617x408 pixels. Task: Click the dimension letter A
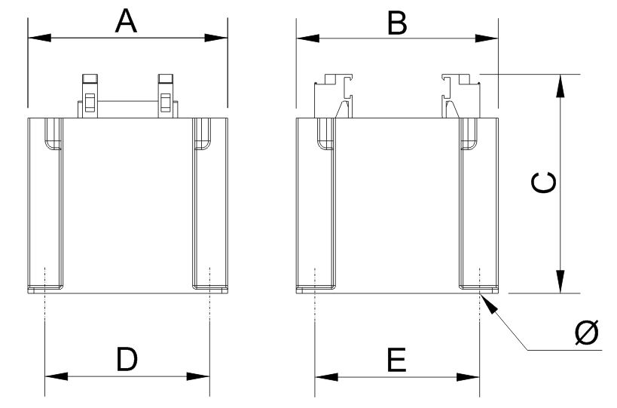[126, 22]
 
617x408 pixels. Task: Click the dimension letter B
[397, 23]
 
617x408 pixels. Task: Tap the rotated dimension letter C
[543, 183]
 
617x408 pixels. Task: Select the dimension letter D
[127, 359]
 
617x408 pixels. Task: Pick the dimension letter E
[396, 360]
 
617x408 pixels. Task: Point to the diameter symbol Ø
[587, 332]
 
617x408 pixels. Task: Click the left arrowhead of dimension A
[39, 38]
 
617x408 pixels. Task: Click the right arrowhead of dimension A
[216, 38]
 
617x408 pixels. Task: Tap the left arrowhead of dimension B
[307, 38]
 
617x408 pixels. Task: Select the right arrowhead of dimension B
[487, 38]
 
